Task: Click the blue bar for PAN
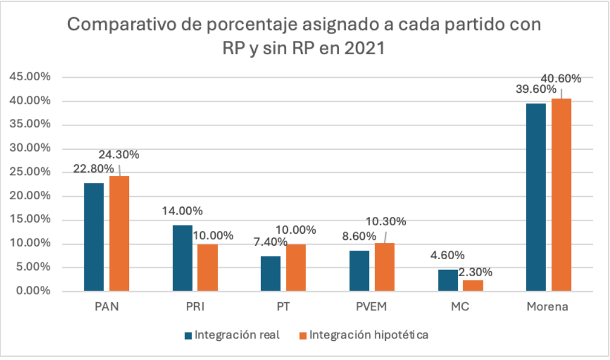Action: coord(93,237)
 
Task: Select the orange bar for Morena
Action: coord(562,195)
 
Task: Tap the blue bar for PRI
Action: coord(182,258)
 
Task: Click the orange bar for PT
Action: coord(297,268)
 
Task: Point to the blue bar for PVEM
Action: coord(359,271)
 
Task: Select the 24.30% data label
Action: coord(119,154)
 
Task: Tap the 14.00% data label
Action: coord(182,211)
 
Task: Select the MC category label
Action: coord(460,307)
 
